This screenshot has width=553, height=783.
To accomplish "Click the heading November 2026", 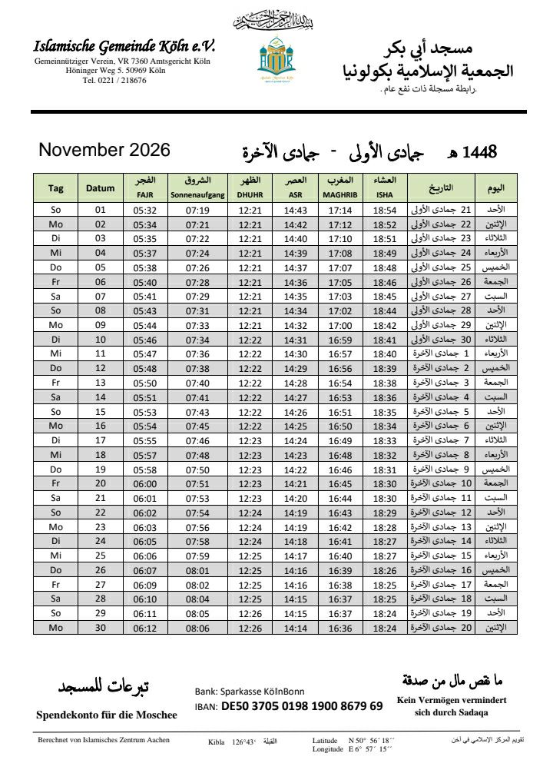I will click(x=104, y=150).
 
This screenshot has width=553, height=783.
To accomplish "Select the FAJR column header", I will click(x=144, y=195).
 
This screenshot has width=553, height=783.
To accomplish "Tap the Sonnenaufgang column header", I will click(x=197, y=195).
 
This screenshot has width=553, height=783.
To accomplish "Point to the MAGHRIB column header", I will click(x=340, y=195).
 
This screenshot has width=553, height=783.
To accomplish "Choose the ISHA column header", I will click(x=385, y=195).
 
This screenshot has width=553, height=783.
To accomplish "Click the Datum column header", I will click(x=100, y=188).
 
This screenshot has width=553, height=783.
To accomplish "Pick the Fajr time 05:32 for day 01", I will click(x=144, y=211).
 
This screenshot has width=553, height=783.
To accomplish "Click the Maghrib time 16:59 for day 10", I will click(x=340, y=339).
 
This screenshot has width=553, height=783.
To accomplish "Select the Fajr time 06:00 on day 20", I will click(x=144, y=483).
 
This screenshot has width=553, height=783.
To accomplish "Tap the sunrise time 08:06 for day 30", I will click(x=197, y=628).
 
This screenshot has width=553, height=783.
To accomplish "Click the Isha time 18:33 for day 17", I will click(x=385, y=440).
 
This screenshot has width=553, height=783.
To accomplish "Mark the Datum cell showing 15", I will click(x=100, y=411).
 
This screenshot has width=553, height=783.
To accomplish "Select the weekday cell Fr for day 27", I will click(x=55, y=585).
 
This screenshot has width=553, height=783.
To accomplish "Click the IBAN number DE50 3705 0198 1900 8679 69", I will click(x=301, y=705).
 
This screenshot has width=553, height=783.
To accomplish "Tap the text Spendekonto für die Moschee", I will click(x=107, y=715).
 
